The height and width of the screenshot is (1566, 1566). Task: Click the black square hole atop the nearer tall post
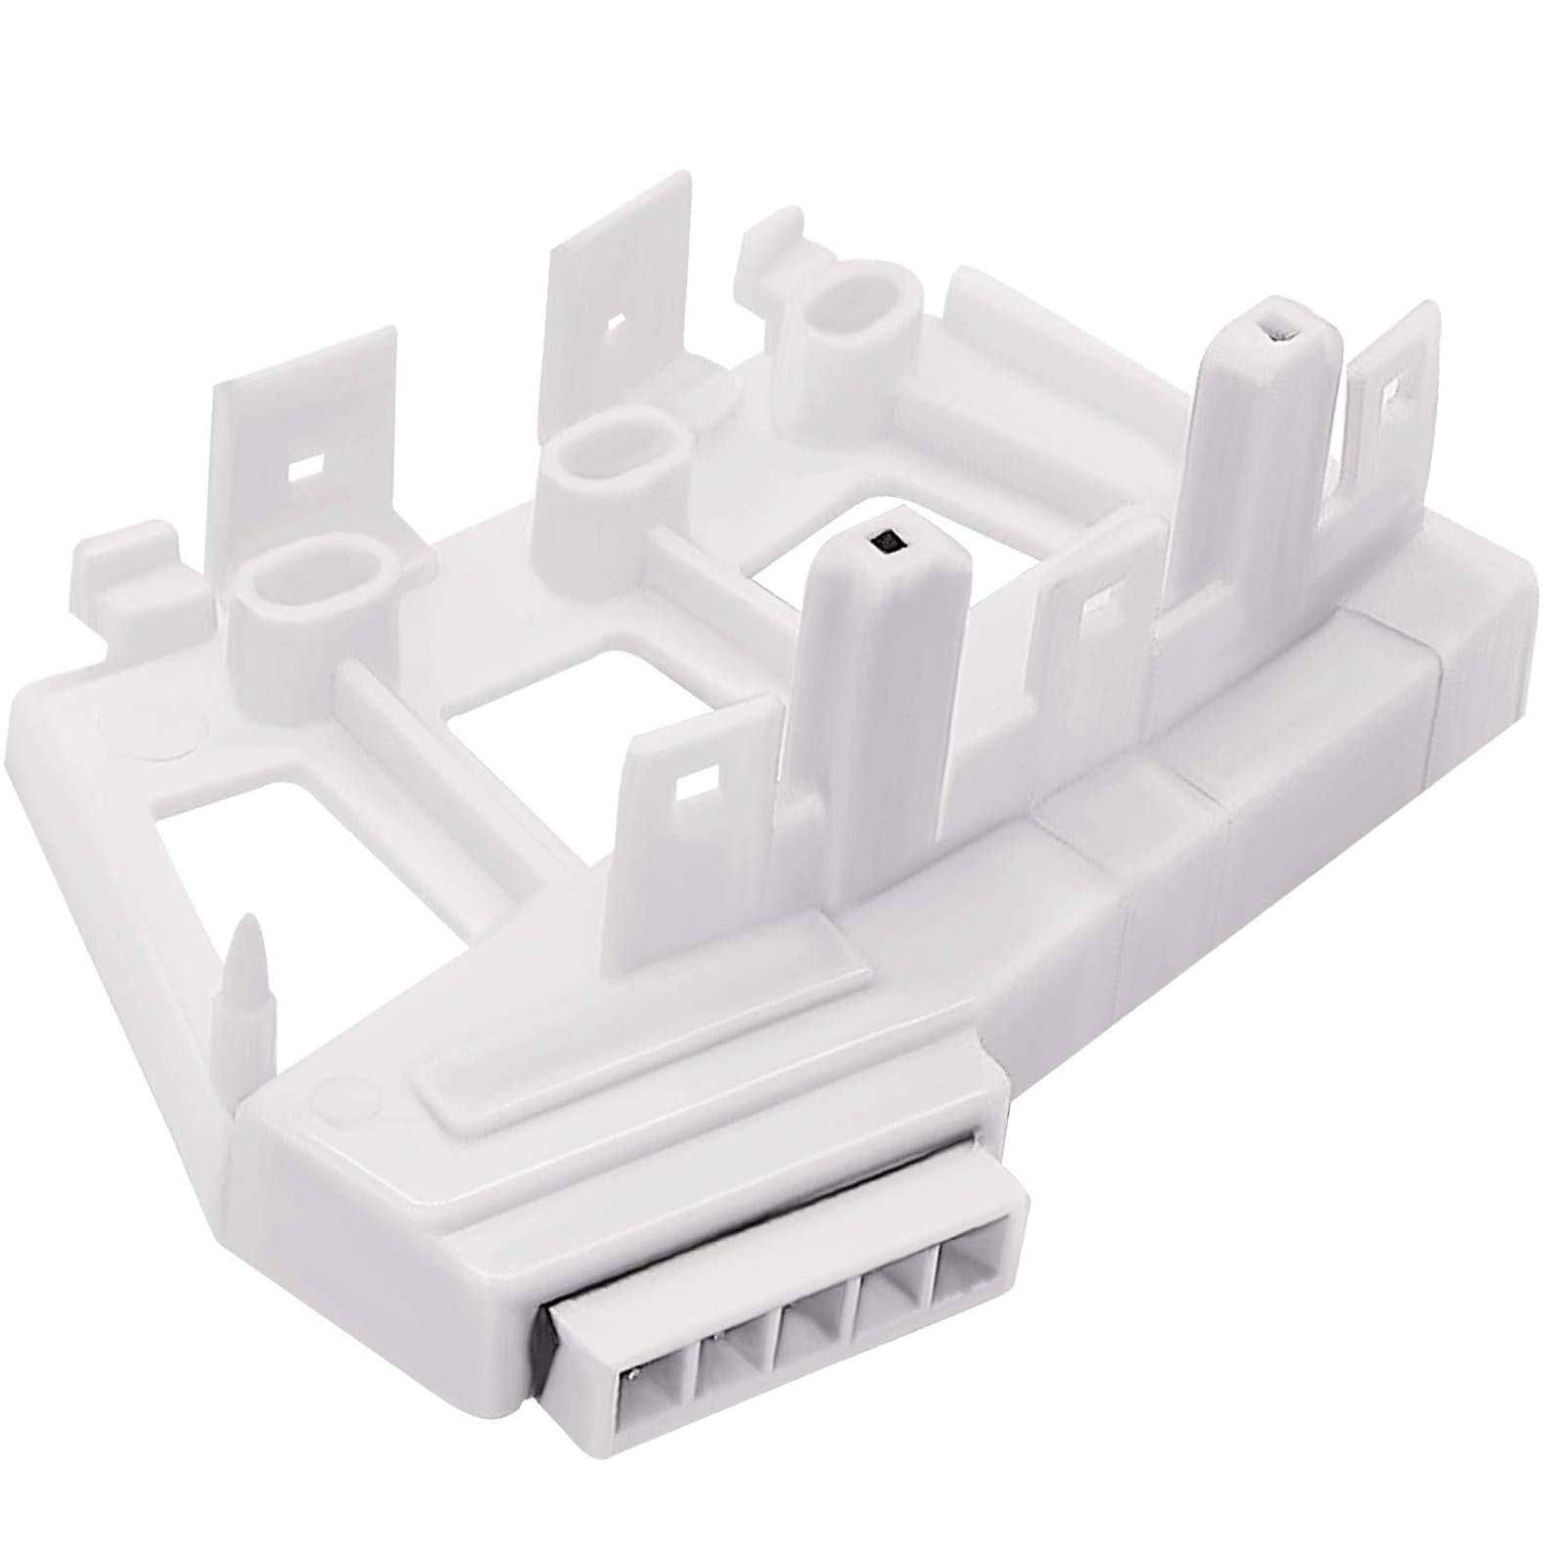[x=889, y=537]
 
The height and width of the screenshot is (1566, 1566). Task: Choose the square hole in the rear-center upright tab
[x=616, y=320]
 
